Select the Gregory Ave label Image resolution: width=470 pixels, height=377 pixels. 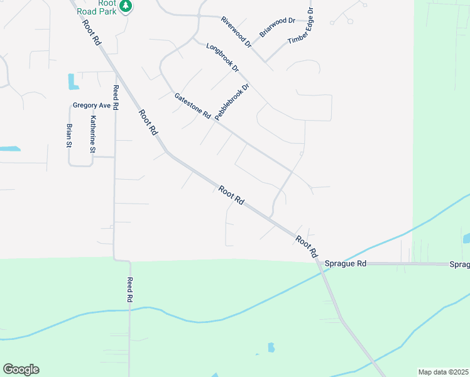tap(92, 106)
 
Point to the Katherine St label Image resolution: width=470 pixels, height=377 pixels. tap(92, 134)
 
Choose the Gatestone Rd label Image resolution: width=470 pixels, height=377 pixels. tap(192, 106)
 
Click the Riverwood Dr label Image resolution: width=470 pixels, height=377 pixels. tap(236, 33)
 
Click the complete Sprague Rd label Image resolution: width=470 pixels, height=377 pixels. tap(345, 264)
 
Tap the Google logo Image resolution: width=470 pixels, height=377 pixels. tap(21, 369)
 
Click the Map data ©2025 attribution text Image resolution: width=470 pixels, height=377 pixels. tap(443, 372)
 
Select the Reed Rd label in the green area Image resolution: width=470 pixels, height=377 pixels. tap(130, 290)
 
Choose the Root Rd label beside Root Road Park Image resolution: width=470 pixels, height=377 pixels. tap(92, 31)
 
